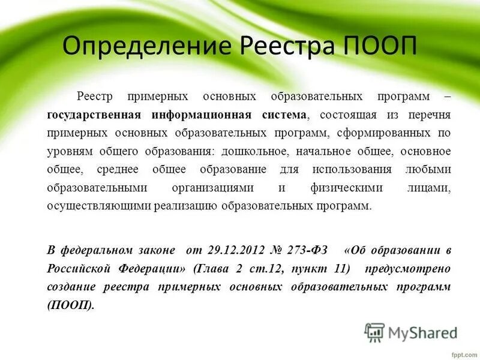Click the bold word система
(x=284, y=114)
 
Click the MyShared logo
(x=410, y=331)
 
